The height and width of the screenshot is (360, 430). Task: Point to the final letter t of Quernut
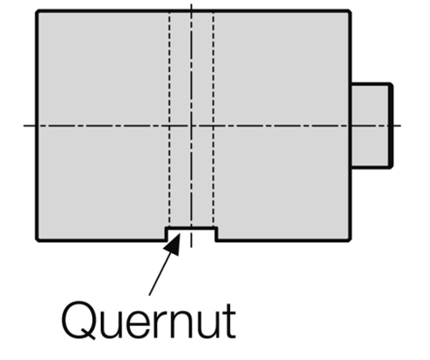coord(227,320)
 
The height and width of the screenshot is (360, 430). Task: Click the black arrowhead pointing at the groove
coord(173,242)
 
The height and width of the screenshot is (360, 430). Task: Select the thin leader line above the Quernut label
coord(158,272)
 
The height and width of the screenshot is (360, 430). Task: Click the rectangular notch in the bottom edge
coord(191,234)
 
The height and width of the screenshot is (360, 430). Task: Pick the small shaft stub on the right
coord(369,126)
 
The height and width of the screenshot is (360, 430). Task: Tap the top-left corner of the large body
coord(37,11)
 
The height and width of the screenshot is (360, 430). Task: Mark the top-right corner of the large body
coord(350,11)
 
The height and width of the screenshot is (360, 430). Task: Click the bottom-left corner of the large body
coord(37,240)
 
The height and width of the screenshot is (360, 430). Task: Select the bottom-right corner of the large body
coord(350,240)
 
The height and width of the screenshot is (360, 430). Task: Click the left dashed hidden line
coord(170,123)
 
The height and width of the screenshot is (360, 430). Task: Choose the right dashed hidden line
coord(213,123)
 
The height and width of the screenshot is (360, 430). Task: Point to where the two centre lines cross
coord(191,126)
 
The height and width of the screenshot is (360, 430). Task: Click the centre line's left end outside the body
coord(26,126)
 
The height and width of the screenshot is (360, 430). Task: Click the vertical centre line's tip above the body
coord(191,4)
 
